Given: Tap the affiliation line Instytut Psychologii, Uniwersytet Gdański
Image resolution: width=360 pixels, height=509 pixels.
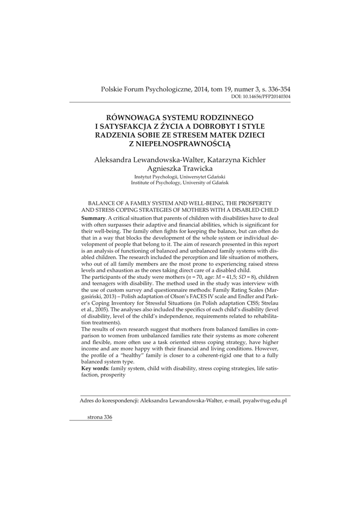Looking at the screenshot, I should pos(180,176).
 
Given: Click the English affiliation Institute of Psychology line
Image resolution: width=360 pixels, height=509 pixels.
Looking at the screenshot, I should pos(180,182).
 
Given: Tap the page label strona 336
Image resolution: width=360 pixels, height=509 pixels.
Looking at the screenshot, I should pos(99,417).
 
